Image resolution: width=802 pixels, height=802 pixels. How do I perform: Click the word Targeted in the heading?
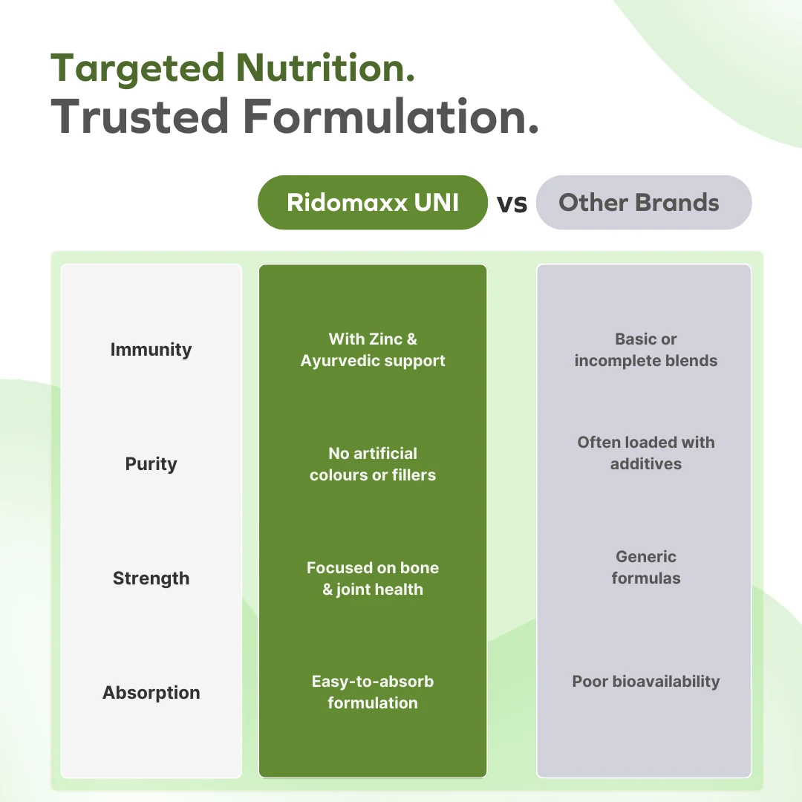pyautogui.click(x=137, y=68)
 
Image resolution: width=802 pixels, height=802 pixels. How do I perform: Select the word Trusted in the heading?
pyautogui.click(x=140, y=116)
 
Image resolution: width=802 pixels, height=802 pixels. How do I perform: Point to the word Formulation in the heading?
pyautogui.click(x=391, y=116)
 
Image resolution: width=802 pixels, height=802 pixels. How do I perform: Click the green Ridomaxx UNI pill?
pyautogui.click(x=372, y=203)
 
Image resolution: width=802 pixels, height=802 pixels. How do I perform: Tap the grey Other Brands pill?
pyautogui.click(x=644, y=203)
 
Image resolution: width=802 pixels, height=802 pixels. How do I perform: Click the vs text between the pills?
pyautogui.click(x=512, y=203)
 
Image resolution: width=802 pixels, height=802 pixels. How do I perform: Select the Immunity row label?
pyautogui.click(x=151, y=350)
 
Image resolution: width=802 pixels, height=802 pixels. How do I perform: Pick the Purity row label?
pyautogui.click(x=151, y=464)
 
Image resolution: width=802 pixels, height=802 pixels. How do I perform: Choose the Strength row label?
pyautogui.click(x=151, y=578)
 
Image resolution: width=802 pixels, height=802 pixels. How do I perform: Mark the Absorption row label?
pyautogui.click(x=151, y=693)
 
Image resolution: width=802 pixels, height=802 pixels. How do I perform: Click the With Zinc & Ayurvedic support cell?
pyautogui.click(x=372, y=350)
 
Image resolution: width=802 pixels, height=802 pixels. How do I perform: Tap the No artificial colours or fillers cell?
pyautogui.click(x=372, y=464)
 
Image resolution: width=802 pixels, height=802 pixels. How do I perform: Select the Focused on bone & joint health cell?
pyautogui.click(x=372, y=578)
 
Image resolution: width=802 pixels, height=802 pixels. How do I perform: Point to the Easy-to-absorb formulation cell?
pyautogui.click(x=372, y=692)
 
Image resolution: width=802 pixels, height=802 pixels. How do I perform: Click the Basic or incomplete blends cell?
pyautogui.click(x=645, y=350)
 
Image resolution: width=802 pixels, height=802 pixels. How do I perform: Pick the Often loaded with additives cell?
pyautogui.click(x=645, y=453)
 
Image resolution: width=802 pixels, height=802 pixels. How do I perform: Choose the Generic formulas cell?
pyautogui.click(x=645, y=567)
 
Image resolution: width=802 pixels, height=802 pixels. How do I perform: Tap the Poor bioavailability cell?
pyautogui.click(x=645, y=682)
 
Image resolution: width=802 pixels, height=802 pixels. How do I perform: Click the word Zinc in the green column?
pyautogui.click(x=385, y=339)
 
